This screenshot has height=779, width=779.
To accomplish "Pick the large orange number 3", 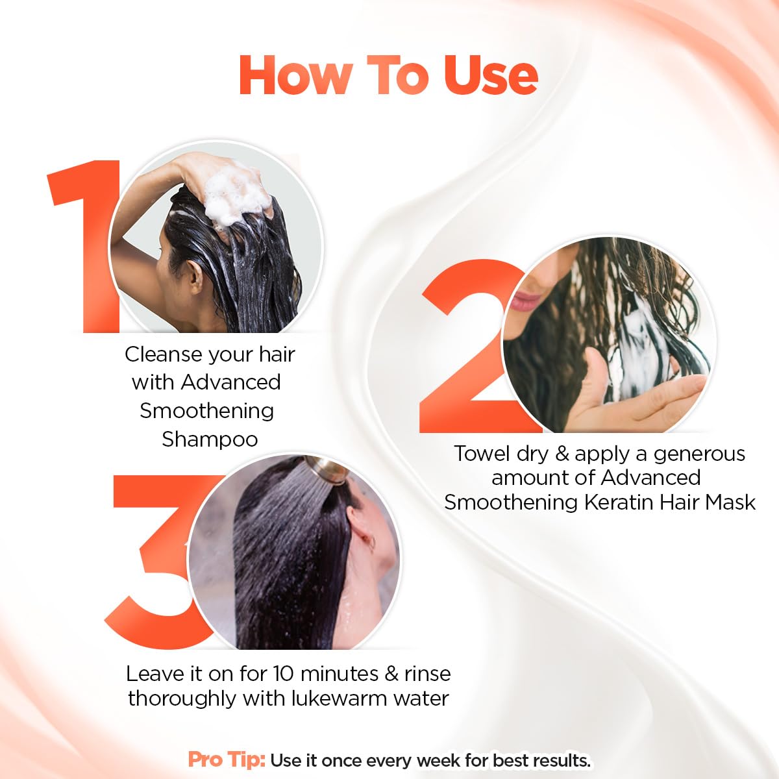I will point(156,558).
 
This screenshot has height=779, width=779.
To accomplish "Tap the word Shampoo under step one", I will point(210,439).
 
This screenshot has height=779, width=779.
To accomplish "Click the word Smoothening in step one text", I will point(206,411).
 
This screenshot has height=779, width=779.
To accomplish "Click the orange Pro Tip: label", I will point(227,760).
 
